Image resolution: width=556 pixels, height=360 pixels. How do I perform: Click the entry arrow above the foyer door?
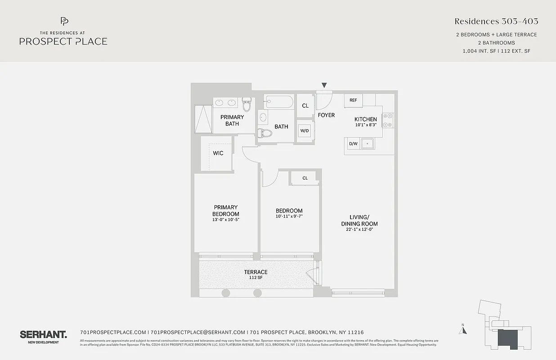(x=324, y=85)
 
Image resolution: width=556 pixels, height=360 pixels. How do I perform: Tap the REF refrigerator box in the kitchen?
(x=353, y=100)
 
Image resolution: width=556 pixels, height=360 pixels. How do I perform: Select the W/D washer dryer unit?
(x=305, y=131)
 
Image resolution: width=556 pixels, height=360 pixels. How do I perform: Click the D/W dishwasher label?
(x=353, y=144)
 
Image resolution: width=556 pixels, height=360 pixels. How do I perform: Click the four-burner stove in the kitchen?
(x=388, y=120)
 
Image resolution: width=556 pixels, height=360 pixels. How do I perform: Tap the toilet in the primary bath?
(x=247, y=105)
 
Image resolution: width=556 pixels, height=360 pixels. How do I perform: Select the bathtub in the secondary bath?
(x=279, y=102)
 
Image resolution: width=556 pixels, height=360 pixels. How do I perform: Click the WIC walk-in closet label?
(x=218, y=153)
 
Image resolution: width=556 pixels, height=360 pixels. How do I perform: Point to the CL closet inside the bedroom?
(x=305, y=178)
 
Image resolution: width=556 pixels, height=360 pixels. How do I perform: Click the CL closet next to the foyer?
(x=305, y=106)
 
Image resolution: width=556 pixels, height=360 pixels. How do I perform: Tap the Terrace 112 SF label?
(x=256, y=274)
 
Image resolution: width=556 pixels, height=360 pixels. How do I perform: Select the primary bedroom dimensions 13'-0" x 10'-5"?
(x=226, y=220)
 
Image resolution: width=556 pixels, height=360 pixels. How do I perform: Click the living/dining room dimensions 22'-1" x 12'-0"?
(x=359, y=229)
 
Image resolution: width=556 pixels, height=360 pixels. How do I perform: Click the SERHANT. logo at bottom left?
(x=43, y=335)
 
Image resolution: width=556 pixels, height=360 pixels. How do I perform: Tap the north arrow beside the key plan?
(x=463, y=330)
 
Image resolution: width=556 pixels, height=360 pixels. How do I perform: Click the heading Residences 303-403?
(x=496, y=21)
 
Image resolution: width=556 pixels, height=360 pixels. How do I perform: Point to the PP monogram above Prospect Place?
(x=64, y=21)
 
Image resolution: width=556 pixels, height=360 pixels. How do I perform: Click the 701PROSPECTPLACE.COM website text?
(x=113, y=332)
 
